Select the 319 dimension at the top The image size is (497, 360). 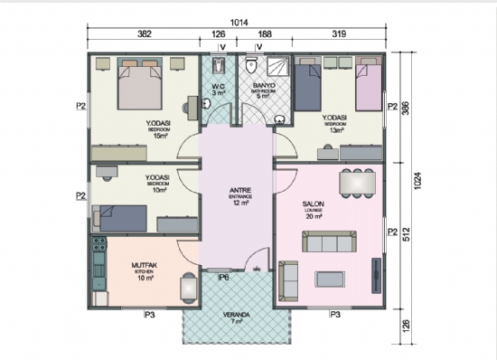pyautogui.click(x=339, y=34)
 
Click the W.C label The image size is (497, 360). pyautogui.click(x=218, y=87)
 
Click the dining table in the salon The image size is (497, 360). pyautogui.click(x=355, y=182)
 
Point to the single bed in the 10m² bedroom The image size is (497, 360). pyautogui.click(x=122, y=216)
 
